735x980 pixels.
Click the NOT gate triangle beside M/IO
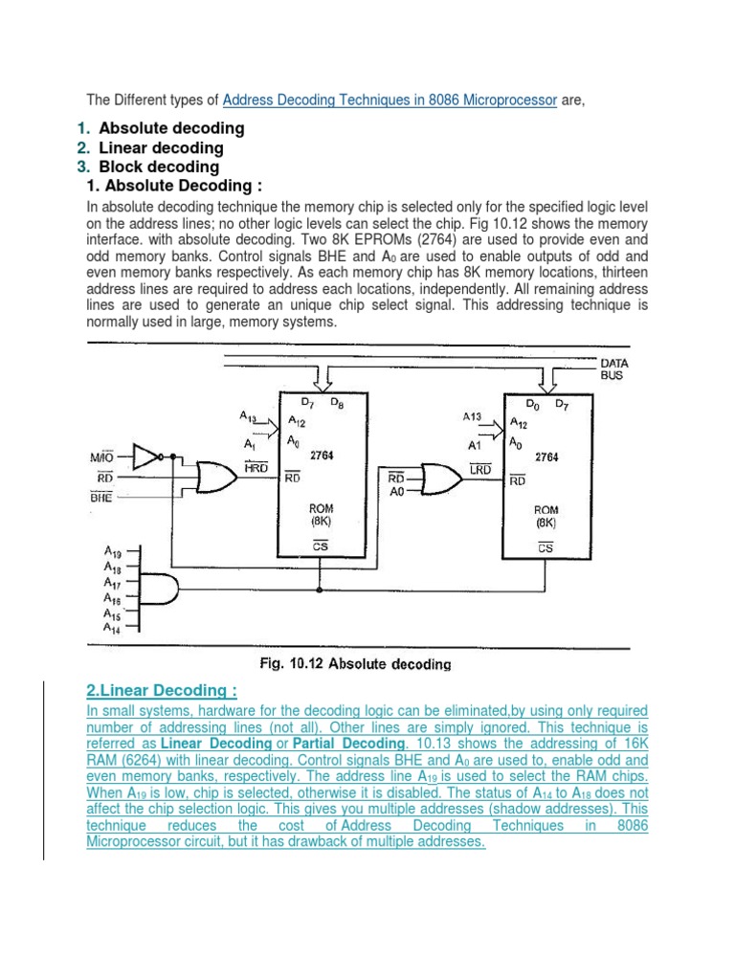(x=145, y=457)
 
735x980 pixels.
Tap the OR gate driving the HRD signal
(x=215, y=474)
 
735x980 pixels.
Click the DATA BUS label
(x=613, y=369)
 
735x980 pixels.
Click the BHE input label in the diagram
(x=100, y=498)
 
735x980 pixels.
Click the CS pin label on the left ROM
(x=322, y=546)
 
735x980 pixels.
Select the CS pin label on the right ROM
(x=546, y=548)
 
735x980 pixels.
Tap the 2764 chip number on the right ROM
(x=546, y=457)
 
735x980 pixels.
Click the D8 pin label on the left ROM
(x=337, y=402)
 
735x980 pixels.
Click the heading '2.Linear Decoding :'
(x=162, y=691)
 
